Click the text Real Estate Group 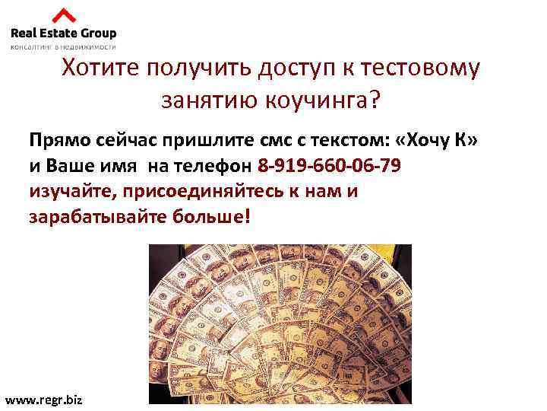coord(63,33)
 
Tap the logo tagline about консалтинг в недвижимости coord(63,46)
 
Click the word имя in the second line coord(119,166)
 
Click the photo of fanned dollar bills coord(280,323)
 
